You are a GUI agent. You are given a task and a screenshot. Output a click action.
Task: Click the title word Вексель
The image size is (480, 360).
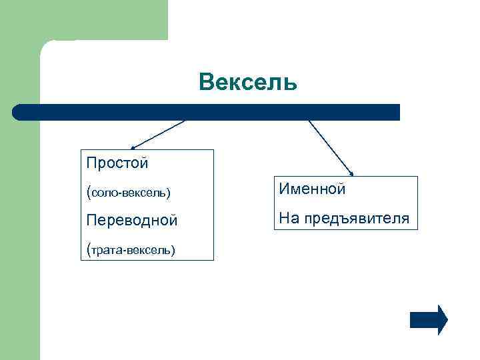[247, 83]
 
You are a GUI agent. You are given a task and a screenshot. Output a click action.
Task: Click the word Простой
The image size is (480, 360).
[117, 163]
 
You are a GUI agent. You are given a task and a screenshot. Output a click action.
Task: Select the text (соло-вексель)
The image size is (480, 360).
[128, 192]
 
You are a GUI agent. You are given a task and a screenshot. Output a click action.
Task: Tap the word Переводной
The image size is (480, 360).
[131, 220]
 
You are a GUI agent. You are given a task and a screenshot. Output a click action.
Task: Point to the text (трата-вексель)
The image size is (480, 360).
[131, 249]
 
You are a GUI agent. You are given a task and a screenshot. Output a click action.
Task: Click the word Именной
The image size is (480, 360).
[312, 189]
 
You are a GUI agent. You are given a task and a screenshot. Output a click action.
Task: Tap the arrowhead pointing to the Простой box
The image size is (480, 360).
[133, 147]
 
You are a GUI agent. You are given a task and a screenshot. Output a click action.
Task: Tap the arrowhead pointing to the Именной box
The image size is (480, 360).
[351, 172]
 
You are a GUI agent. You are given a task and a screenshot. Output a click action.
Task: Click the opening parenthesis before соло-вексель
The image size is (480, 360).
[88, 192]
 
